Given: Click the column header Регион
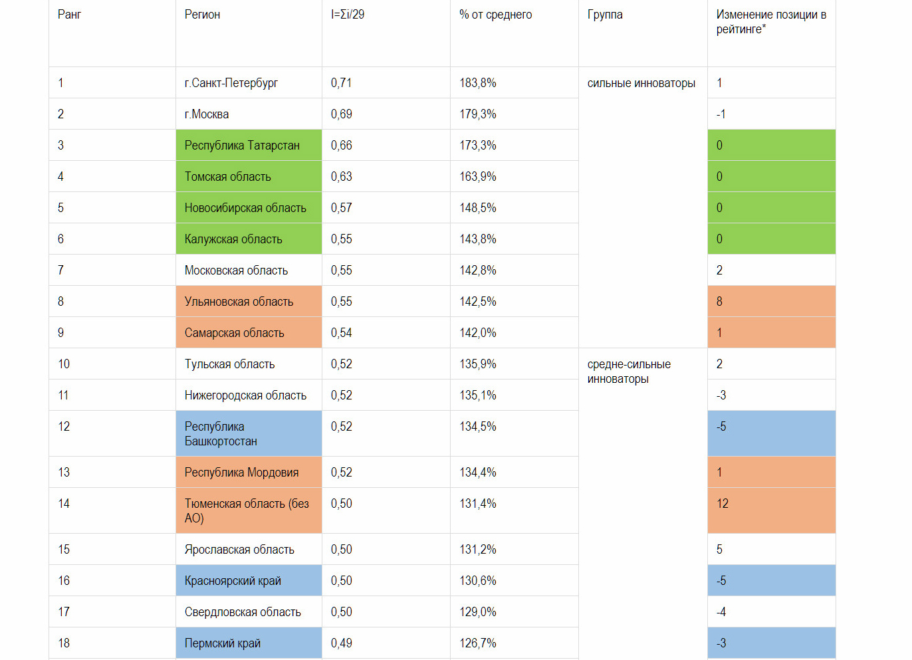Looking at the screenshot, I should [202, 15].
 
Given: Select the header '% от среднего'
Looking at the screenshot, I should [495, 15].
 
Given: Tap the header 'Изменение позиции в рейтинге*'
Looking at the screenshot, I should [770, 22].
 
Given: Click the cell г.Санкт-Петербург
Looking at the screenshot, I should [231, 83].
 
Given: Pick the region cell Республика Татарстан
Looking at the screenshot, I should [242, 146].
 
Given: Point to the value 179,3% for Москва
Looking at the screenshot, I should [477, 114].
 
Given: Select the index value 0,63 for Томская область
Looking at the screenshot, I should [341, 177].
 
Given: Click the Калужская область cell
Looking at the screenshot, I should [233, 239].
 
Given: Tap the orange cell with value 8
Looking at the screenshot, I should [719, 302].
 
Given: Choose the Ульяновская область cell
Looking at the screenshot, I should [239, 302].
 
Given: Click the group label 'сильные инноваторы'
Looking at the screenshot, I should [641, 83].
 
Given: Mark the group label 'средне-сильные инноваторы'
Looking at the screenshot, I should [628, 372].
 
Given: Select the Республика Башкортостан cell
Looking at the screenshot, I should [221, 434].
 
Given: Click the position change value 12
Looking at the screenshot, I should [723, 504].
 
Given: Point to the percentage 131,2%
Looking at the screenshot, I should [477, 550].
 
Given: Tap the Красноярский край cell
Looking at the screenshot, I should [233, 581].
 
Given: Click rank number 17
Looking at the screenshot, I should [64, 612].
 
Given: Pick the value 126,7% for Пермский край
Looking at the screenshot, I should [477, 643].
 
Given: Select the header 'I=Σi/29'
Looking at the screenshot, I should [348, 15].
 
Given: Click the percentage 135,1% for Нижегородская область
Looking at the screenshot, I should [477, 395].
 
